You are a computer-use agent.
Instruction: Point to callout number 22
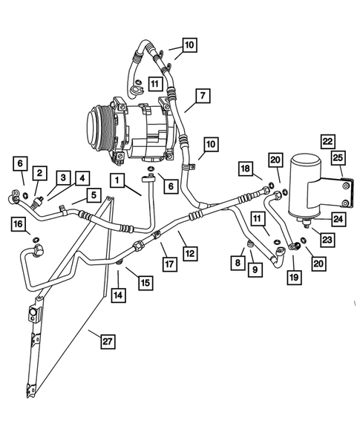pyautogui.click(x=327, y=140)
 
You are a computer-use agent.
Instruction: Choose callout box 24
pyautogui.click(x=338, y=219)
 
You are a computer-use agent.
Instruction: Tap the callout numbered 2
pyautogui.click(x=40, y=173)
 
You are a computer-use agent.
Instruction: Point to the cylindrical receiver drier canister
pyautogui.click(x=309, y=186)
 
